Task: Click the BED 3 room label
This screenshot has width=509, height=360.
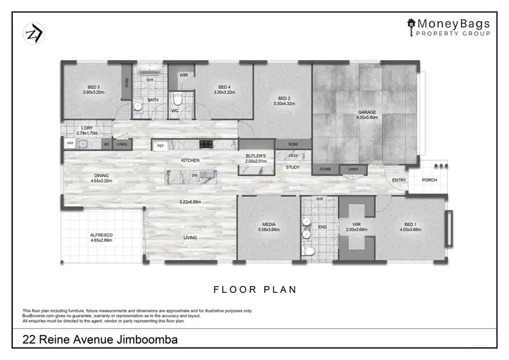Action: (x=93, y=87)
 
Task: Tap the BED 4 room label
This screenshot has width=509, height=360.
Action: (x=223, y=87)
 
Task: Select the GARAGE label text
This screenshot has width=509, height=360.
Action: (x=367, y=112)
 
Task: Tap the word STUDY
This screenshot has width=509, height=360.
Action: (x=293, y=167)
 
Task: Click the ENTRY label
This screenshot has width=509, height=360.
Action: (x=398, y=180)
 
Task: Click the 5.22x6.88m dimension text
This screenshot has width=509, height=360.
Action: (x=190, y=202)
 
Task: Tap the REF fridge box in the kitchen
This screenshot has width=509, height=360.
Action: (x=161, y=145)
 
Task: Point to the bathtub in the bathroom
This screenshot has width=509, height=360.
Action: (x=147, y=69)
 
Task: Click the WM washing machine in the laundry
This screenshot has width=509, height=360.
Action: (x=70, y=144)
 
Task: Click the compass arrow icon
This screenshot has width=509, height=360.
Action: (x=33, y=32)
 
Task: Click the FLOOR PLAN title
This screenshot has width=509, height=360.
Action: (x=255, y=289)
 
